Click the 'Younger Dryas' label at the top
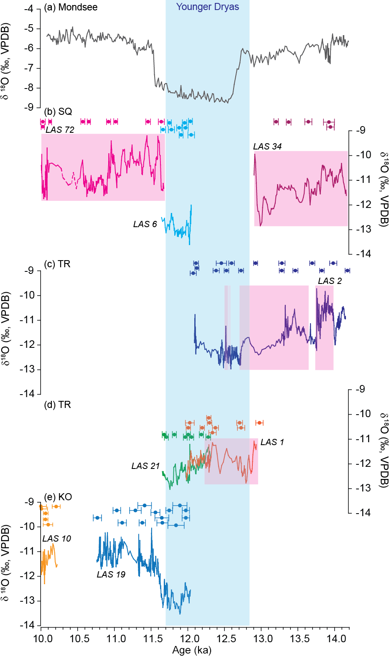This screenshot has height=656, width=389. click(208, 7)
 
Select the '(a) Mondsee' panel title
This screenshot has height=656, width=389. click(71, 7)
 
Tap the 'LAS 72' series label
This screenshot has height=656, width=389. click(60, 130)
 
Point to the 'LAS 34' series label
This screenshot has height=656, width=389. click(267, 147)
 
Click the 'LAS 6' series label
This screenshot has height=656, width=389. click(145, 224)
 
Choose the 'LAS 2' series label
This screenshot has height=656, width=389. click(330, 281)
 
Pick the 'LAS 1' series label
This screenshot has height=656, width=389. click(272, 442)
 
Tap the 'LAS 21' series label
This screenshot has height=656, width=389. click(145, 466)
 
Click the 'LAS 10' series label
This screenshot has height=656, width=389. click(57, 539)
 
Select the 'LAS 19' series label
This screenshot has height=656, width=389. click(111, 575)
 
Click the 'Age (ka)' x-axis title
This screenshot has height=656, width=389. click(192, 650)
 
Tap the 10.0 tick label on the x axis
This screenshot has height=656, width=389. click(43, 638)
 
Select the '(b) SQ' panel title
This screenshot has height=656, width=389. click(58, 111)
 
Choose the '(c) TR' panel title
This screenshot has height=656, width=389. click(57, 264)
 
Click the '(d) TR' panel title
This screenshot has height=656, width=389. click(58, 405)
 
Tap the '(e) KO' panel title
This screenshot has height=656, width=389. click(58, 497)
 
